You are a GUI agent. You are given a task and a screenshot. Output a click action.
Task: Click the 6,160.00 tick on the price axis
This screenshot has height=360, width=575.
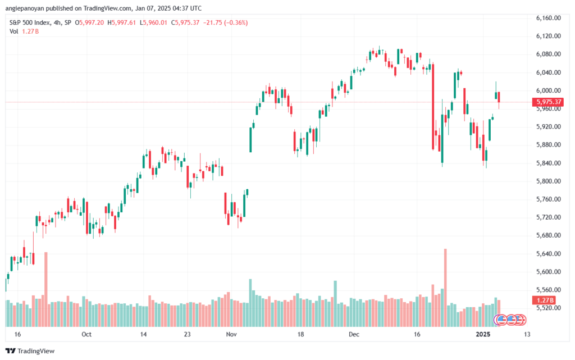(x=548, y=18)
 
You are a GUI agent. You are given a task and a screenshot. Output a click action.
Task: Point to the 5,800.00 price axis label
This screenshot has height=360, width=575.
(x=548, y=181)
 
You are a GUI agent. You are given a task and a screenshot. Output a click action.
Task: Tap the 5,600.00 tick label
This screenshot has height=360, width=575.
(x=548, y=272)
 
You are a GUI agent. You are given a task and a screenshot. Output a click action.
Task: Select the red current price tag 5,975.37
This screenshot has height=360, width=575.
(x=548, y=102)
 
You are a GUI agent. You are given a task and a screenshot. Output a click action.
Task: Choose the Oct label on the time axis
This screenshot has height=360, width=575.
(x=86, y=334)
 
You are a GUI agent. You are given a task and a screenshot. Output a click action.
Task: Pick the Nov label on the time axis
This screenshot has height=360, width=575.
(x=231, y=334)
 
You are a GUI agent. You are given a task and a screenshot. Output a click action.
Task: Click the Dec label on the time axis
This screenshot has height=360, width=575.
(x=354, y=334)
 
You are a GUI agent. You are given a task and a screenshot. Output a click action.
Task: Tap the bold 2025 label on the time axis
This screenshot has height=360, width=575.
(x=483, y=334)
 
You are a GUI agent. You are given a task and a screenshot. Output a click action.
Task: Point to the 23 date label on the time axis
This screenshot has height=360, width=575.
(x=188, y=334)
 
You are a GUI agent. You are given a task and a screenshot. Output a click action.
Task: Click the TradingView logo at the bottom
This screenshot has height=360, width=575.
(x=30, y=351)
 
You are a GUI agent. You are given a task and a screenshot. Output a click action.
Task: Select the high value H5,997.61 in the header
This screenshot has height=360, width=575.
(x=122, y=22)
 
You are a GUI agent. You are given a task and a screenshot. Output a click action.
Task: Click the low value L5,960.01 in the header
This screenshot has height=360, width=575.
(x=153, y=22)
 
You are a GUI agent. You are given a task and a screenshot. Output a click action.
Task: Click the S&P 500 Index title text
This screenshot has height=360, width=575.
(x=30, y=22)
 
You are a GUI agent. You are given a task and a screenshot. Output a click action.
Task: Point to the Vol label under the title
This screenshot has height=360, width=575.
(x=13, y=31)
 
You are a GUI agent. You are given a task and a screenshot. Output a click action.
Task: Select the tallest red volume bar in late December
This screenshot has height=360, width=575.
(x=445, y=288)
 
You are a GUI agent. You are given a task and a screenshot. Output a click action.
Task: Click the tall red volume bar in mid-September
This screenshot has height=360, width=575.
(x=46, y=289)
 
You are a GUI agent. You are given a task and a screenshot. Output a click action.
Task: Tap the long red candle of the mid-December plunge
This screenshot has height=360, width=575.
(x=433, y=107)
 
